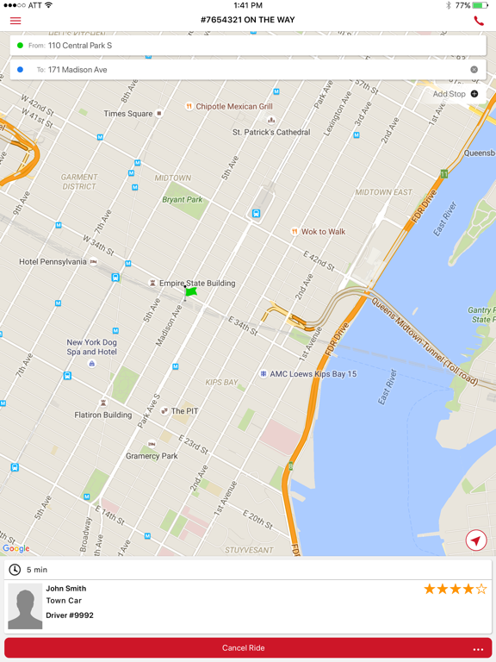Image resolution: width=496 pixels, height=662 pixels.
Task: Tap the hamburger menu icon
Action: (x=15, y=20)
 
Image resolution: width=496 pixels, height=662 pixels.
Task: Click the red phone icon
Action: (x=479, y=20)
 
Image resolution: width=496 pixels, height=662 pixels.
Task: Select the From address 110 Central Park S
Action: (x=80, y=46)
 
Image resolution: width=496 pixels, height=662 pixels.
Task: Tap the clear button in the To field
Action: (x=474, y=70)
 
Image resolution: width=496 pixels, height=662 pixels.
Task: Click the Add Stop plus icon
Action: (x=474, y=94)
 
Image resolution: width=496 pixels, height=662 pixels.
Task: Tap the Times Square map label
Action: (x=128, y=114)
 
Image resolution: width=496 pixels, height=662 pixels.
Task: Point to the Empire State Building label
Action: (x=196, y=283)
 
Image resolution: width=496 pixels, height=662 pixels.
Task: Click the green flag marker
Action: (x=190, y=292)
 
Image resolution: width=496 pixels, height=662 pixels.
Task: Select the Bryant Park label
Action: (x=183, y=200)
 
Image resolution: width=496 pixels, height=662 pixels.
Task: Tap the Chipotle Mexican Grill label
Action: (x=233, y=107)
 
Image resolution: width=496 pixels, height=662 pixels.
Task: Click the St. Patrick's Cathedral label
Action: (x=271, y=132)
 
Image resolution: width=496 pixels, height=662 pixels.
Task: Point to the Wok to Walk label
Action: (x=323, y=232)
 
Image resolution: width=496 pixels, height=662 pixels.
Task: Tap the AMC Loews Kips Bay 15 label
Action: (x=313, y=374)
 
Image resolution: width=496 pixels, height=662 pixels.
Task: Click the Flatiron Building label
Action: (x=102, y=415)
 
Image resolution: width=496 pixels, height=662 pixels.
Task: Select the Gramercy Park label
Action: (x=152, y=456)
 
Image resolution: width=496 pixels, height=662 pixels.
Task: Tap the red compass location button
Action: (x=475, y=540)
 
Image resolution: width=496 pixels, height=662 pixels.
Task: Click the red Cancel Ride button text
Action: (x=244, y=648)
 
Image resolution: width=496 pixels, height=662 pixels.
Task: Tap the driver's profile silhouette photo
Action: (x=25, y=607)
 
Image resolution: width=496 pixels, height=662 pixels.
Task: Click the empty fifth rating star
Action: (x=481, y=590)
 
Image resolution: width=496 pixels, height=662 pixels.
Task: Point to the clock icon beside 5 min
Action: (x=15, y=570)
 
